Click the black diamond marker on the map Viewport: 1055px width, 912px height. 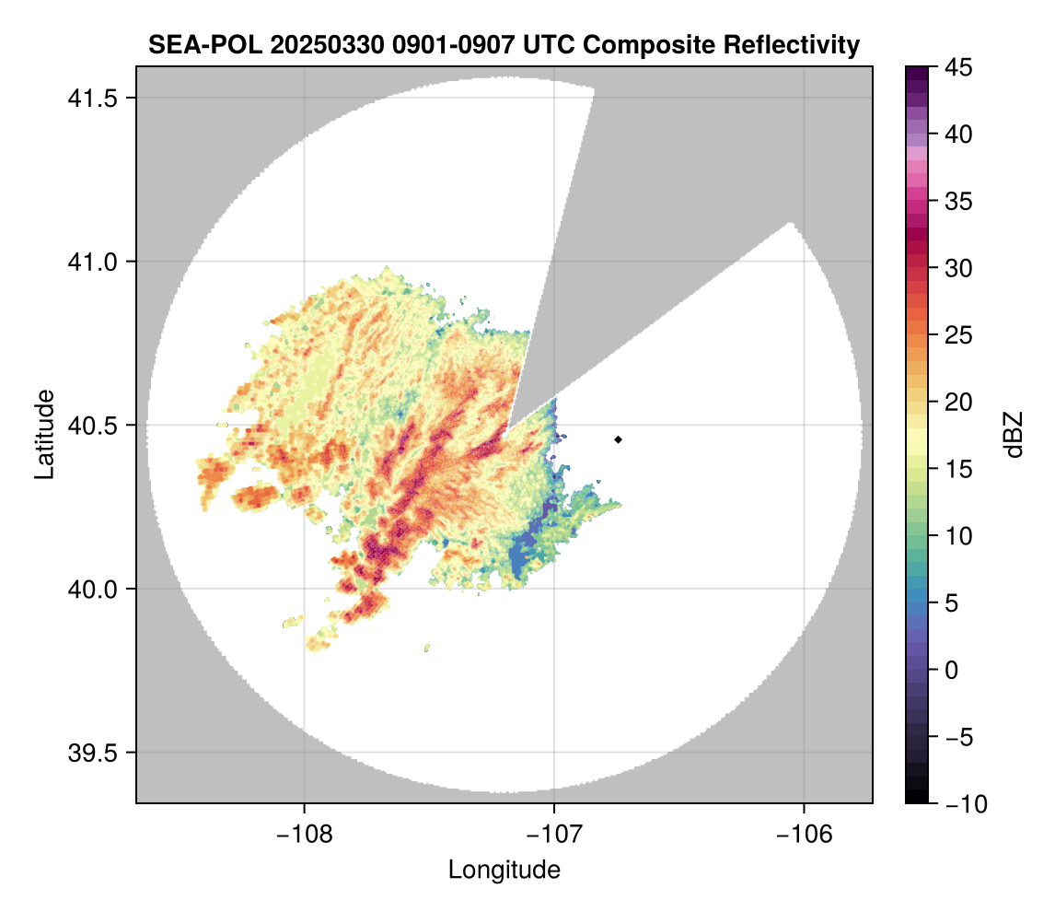click(x=618, y=439)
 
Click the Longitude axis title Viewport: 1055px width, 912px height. click(x=504, y=870)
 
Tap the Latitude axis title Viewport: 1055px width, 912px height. click(x=43, y=434)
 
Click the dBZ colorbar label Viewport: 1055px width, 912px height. click(x=1014, y=435)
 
